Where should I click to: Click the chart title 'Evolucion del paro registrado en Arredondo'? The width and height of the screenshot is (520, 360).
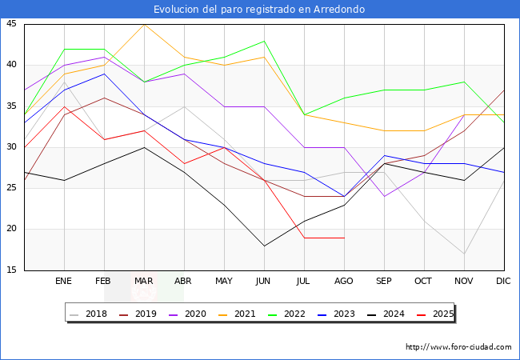(x=260, y=10)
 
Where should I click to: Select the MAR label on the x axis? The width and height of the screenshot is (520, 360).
(x=144, y=282)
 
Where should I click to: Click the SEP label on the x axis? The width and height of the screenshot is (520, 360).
(x=384, y=282)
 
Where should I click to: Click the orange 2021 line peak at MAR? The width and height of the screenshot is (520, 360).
(x=144, y=24)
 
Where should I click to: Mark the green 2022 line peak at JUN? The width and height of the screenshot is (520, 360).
(x=264, y=41)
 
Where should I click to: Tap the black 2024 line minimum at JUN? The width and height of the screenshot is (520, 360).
(x=264, y=246)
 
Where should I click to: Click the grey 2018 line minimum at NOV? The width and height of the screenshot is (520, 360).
(x=464, y=254)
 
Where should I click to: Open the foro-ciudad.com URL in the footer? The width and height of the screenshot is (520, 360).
(x=458, y=347)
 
